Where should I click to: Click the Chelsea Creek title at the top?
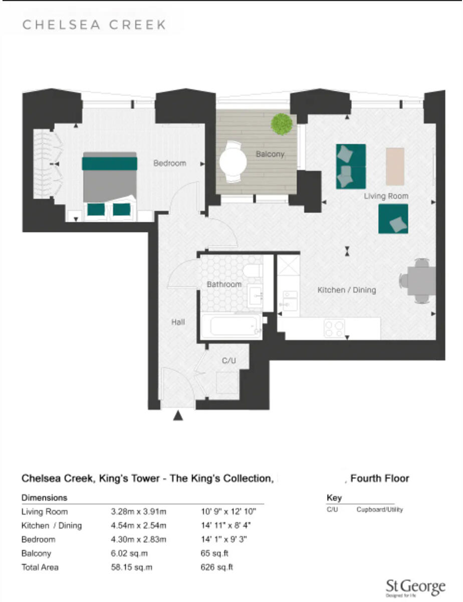94,25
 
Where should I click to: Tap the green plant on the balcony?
282,124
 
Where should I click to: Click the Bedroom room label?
169,163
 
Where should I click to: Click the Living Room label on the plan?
386,196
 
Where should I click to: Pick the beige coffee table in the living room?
395,166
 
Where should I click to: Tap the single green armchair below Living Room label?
393,219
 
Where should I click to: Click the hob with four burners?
334,329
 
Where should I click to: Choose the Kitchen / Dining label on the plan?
346,290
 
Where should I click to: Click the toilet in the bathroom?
253,271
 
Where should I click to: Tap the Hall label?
177,322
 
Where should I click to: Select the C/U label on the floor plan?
229,360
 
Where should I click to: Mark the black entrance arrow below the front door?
178,415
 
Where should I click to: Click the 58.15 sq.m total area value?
131,567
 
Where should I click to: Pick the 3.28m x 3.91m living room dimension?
138,512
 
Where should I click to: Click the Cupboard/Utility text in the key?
379,510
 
